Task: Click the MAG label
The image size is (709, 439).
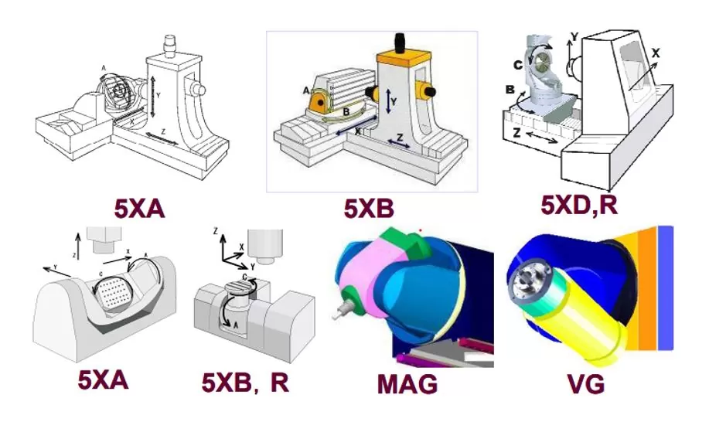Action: point(407,383)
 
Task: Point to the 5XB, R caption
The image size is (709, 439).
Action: point(245,382)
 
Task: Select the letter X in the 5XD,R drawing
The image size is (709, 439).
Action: point(656,53)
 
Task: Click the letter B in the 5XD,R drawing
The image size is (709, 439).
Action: point(510,90)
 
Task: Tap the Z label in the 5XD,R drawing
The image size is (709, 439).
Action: point(515,133)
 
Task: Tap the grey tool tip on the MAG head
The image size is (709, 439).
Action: point(339,311)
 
